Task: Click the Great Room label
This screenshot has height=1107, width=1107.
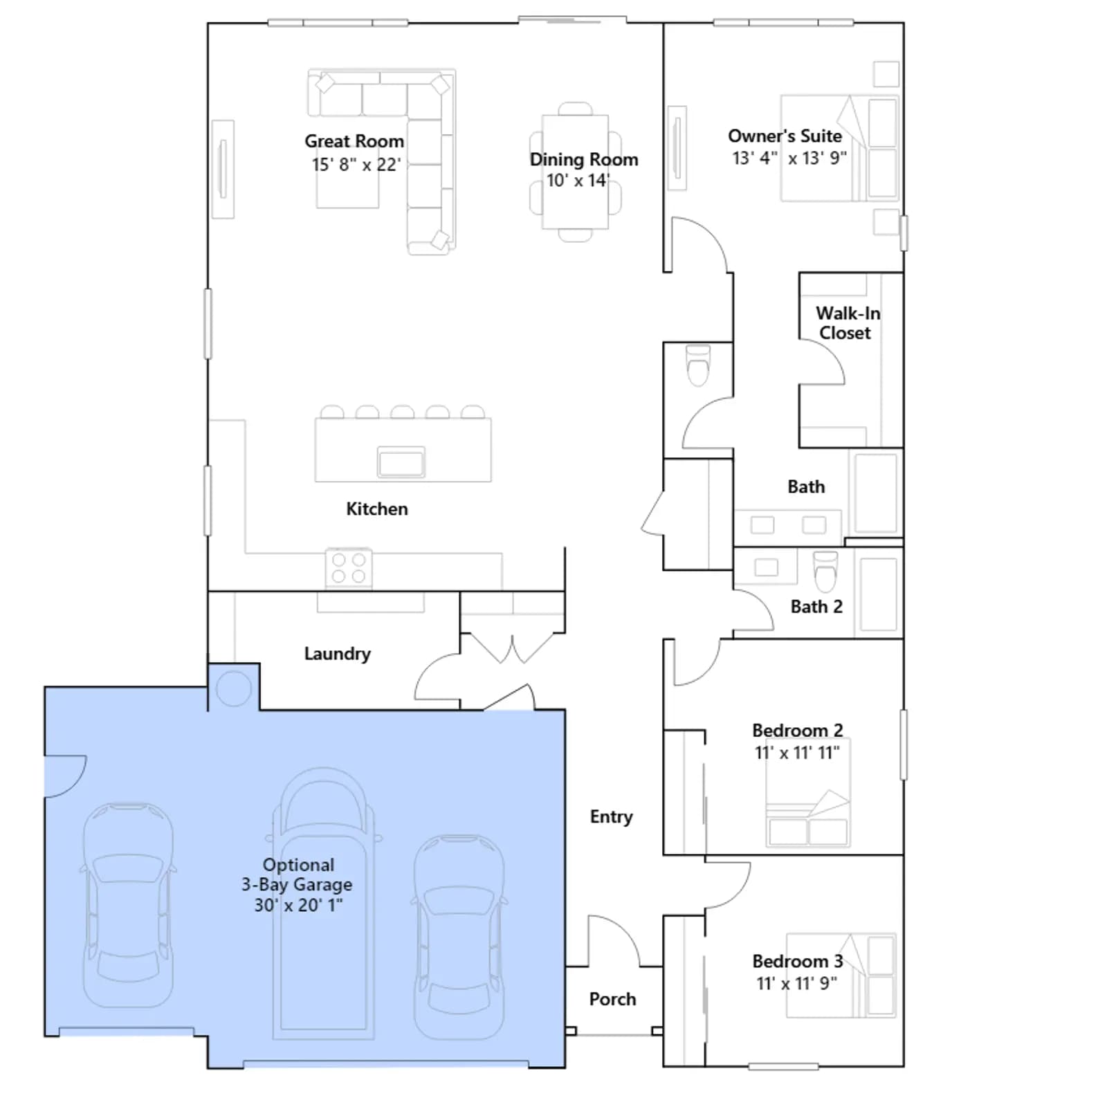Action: click(x=354, y=141)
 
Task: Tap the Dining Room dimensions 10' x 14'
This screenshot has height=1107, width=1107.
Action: click(x=578, y=181)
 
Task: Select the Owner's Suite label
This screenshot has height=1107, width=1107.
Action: click(x=785, y=136)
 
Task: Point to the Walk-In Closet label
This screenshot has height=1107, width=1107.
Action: click(x=847, y=323)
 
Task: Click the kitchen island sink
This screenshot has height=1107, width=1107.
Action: click(x=401, y=461)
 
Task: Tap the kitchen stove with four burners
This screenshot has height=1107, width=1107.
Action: click(x=349, y=567)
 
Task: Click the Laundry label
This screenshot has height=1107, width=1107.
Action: click(x=338, y=654)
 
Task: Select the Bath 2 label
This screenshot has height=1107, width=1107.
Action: click(x=816, y=607)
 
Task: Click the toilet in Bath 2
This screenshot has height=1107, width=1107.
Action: click(x=825, y=571)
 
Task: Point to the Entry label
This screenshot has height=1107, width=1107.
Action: click(x=611, y=817)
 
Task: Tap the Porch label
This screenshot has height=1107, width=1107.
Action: click(x=612, y=999)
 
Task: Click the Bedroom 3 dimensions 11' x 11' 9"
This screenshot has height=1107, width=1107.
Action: click(x=797, y=983)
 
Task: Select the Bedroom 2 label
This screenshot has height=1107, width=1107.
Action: click(x=798, y=731)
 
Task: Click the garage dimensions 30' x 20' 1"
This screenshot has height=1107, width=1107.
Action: click(x=298, y=905)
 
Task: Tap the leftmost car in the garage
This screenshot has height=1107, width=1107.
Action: click(x=129, y=905)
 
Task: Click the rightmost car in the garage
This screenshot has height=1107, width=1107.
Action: click(x=459, y=937)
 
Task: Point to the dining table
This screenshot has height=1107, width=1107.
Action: click(x=576, y=172)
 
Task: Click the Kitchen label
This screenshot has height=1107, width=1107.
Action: click(x=377, y=509)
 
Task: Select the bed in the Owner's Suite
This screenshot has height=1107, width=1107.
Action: click(x=840, y=149)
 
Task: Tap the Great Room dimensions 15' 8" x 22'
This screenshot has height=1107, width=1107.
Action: click(x=356, y=165)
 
